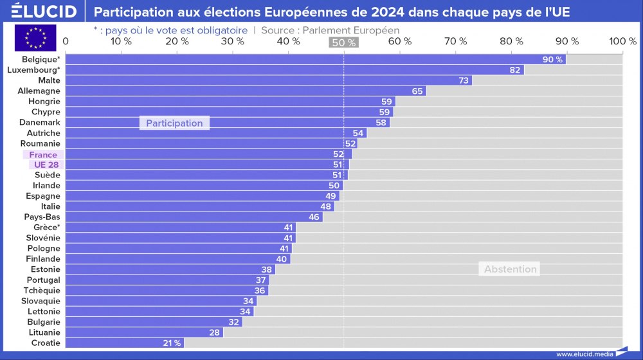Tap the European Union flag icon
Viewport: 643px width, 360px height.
(35, 38)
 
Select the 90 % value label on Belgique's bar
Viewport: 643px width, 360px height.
(552, 59)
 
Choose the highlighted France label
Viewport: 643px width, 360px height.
(43, 154)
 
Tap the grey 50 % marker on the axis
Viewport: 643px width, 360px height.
(343, 42)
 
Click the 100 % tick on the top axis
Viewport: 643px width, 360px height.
(622, 41)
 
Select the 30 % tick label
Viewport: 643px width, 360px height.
(233, 41)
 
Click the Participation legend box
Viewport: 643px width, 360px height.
(174, 123)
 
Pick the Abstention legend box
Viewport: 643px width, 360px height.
(510, 269)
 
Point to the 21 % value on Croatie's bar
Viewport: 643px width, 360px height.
(171, 343)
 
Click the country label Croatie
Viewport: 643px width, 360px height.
(46, 343)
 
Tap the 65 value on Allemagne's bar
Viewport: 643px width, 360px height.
(417, 91)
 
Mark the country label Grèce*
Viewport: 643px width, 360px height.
(47, 227)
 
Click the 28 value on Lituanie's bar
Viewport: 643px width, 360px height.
(215, 332)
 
